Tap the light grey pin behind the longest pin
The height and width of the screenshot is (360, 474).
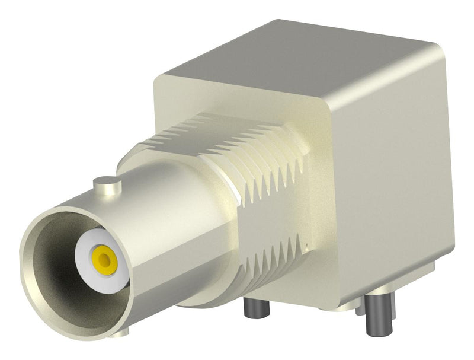360,308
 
